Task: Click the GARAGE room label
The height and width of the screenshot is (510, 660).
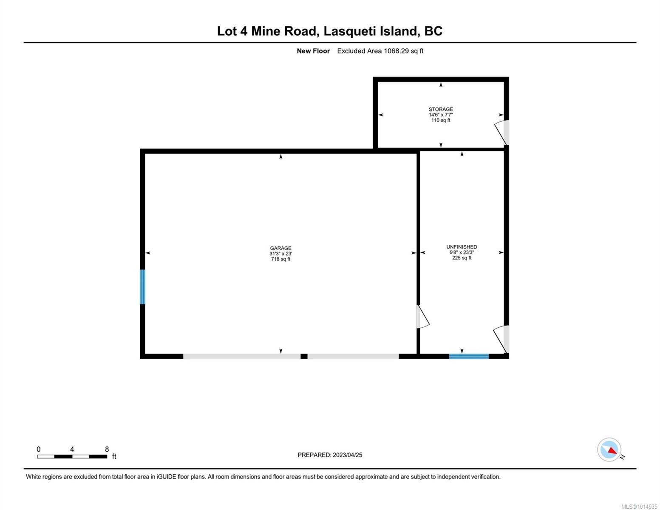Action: (280, 248)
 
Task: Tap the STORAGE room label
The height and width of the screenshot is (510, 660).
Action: (441, 109)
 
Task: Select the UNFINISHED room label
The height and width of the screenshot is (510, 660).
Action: (462, 247)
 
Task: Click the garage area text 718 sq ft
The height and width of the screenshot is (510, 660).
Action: (280, 259)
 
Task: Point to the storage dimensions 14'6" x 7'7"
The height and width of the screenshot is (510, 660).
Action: (441, 115)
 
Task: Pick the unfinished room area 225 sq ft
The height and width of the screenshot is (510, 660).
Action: (462, 258)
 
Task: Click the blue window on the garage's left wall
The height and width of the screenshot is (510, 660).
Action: (142, 287)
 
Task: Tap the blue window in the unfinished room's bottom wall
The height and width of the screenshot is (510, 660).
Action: (469, 356)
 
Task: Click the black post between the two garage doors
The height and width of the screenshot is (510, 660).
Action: (304, 356)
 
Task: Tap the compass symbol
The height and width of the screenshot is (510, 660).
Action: (609, 450)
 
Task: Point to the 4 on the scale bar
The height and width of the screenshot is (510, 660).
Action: (72, 449)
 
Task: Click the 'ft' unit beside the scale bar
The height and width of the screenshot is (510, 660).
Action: (114, 456)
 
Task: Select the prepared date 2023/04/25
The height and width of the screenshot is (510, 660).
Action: (347, 455)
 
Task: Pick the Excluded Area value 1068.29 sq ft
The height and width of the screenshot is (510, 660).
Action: (403, 51)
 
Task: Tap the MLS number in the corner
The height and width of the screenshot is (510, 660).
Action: (640, 507)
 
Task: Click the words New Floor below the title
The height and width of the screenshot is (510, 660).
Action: (313, 51)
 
